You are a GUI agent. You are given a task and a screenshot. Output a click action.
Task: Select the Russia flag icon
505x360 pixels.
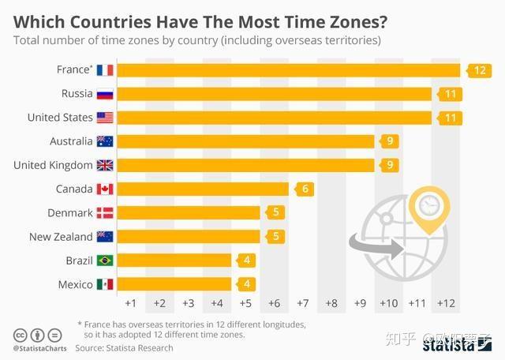point(105,95)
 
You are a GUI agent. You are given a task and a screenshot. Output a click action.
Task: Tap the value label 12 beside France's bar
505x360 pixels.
point(479,70)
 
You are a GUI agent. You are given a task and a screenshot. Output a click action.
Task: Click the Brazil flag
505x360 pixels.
point(105,261)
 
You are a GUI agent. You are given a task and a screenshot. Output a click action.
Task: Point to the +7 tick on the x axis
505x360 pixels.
point(302,303)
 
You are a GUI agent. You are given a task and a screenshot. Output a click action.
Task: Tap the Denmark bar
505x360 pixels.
point(189,213)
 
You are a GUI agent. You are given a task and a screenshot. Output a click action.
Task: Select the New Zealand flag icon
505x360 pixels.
point(105,237)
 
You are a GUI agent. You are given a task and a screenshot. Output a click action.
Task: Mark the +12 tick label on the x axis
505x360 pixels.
point(446,303)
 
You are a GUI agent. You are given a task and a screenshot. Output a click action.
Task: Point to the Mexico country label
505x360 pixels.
point(75,284)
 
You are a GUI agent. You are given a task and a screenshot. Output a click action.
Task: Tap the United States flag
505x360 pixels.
point(105,118)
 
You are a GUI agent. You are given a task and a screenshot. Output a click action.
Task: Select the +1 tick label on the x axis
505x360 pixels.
point(131,303)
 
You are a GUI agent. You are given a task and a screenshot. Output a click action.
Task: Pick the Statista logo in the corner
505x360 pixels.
point(458,344)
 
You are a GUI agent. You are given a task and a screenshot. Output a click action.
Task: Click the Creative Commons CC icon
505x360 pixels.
point(20,335)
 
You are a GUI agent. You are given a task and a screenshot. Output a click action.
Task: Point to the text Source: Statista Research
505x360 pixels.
point(124,347)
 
